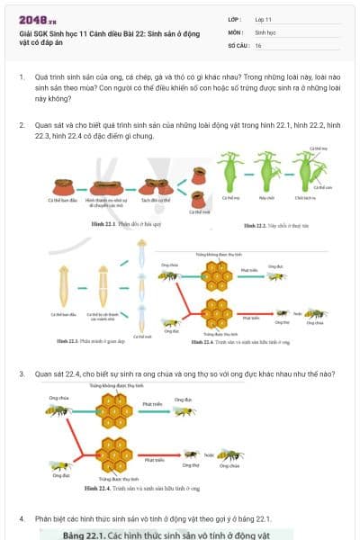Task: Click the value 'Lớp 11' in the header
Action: [263, 19]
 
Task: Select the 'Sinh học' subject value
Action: [265, 31]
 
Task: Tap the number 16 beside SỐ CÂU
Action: [258, 44]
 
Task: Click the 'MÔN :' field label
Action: [237, 31]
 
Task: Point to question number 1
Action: [22, 78]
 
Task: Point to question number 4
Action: [22, 518]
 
